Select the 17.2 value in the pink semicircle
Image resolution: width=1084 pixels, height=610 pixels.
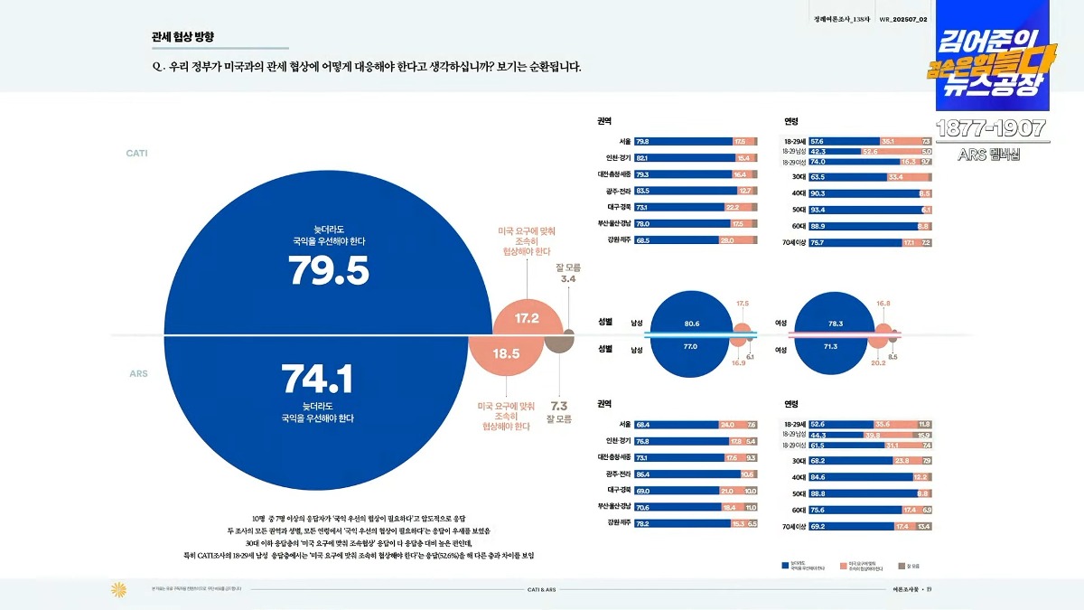pyautogui.click(x=527, y=318)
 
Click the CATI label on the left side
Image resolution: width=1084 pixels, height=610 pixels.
pyautogui.click(x=136, y=154)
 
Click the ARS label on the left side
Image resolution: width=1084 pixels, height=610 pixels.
pyautogui.click(x=138, y=373)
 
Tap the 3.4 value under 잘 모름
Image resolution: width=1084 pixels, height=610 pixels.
pyautogui.click(x=568, y=279)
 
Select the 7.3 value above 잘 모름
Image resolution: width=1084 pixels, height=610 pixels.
pyautogui.click(x=559, y=406)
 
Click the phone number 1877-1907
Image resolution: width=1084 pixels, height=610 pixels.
pyautogui.click(x=992, y=128)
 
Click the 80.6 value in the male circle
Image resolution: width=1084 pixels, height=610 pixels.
pyautogui.click(x=692, y=324)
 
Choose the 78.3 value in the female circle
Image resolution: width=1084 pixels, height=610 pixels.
pyautogui.click(x=835, y=324)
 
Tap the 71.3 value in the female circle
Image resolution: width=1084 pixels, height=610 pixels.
pyautogui.click(x=831, y=346)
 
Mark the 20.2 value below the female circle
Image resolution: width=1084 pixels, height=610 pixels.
pyautogui.click(x=878, y=362)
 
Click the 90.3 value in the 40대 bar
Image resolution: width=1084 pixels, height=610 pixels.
pyautogui.click(x=818, y=193)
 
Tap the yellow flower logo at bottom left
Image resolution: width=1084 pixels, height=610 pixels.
pyautogui.click(x=118, y=589)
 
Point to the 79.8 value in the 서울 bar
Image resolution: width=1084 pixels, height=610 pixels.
pyautogui.click(x=642, y=142)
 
